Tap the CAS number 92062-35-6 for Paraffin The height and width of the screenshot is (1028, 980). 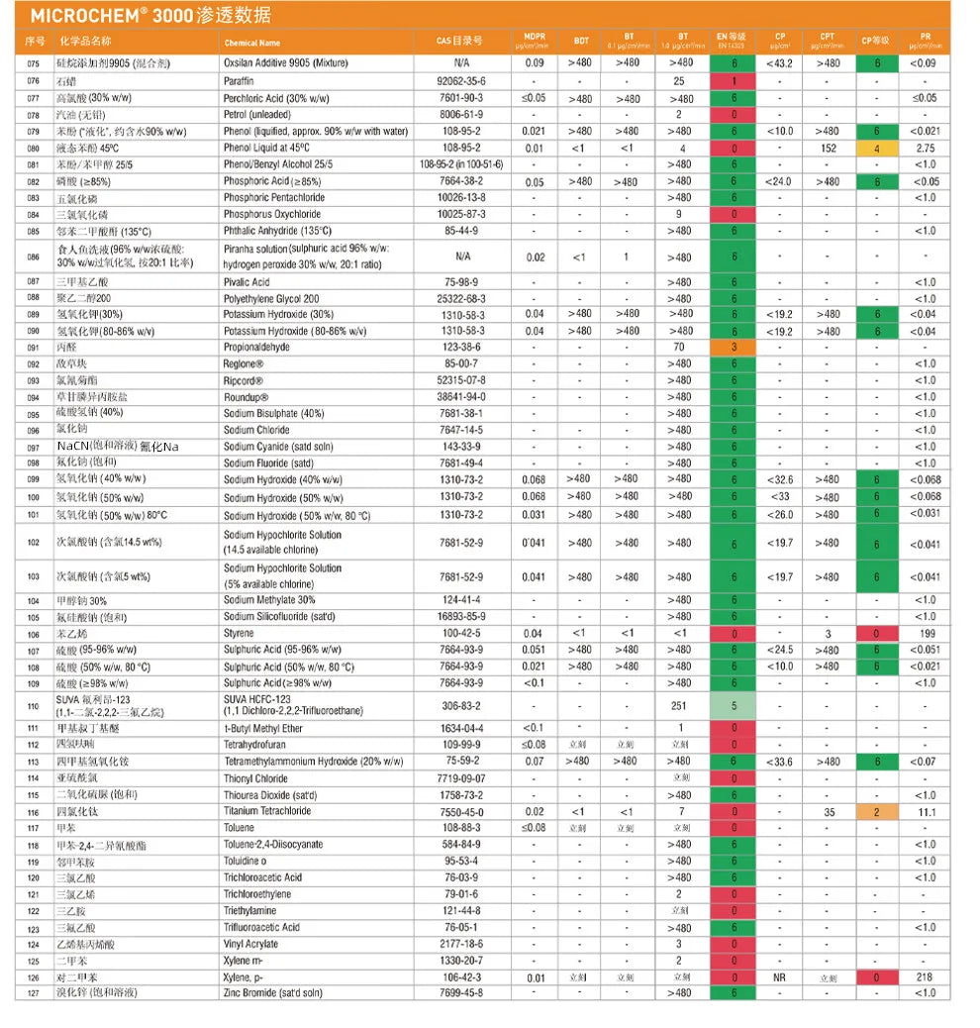[461, 81]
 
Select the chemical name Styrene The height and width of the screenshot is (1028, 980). [239, 633]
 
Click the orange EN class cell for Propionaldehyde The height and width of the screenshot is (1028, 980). [734, 348]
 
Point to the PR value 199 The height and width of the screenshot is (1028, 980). [927, 633]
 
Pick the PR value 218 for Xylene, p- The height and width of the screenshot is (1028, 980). [927, 977]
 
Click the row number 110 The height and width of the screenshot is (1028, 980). [34, 706]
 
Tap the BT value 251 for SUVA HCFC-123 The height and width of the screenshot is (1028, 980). [679, 706]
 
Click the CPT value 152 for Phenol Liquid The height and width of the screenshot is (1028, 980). [829, 149]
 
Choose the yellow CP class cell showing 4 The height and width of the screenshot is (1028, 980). [877, 149]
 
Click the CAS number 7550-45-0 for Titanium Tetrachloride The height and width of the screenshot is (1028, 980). [461, 811]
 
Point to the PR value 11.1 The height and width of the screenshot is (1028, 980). [927, 811]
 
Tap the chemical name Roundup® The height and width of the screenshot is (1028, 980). [246, 397]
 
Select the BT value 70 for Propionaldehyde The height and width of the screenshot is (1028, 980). [679, 348]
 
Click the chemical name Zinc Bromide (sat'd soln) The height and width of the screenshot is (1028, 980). [273, 992]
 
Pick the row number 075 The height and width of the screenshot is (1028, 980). [34, 63]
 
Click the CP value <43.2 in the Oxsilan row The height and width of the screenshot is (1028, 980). [780, 63]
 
